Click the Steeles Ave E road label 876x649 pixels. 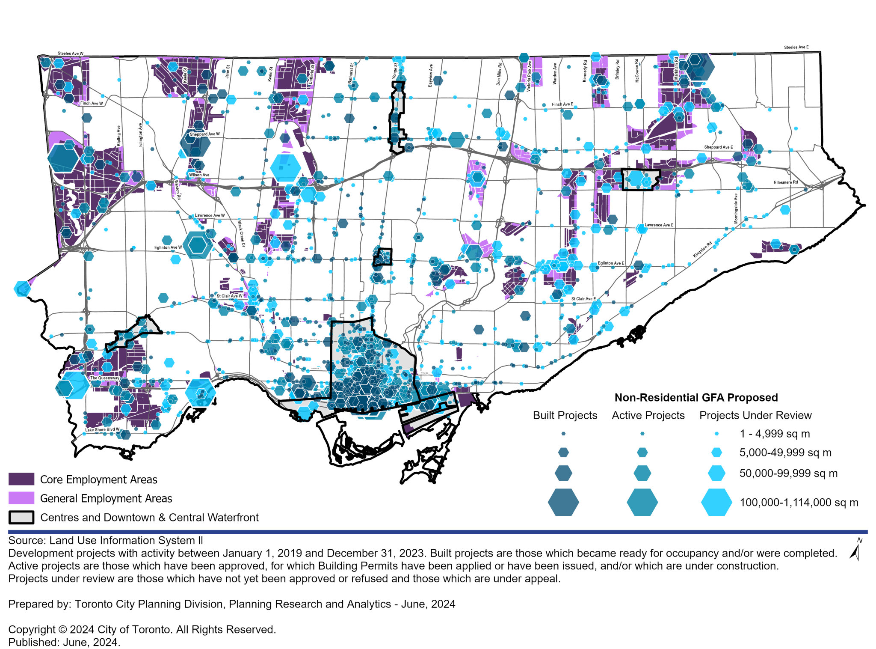tap(796, 48)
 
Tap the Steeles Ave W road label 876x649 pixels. tap(71, 54)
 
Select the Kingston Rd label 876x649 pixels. tap(702, 250)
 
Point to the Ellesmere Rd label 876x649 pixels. tap(786, 182)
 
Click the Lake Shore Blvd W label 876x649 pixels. tap(102, 429)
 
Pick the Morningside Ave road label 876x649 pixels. tap(736, 208)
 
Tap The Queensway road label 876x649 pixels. tap(104, 378)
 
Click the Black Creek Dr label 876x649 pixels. tap(241, 233)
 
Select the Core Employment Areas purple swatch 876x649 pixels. tap(21, 479)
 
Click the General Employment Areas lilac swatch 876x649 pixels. tap(21, 498)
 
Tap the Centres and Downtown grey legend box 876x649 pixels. tap(21, 517)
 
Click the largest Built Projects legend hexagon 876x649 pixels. tap(563, 502)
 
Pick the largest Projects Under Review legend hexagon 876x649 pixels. tap(716, 502)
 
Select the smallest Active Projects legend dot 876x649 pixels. tap(642, 434)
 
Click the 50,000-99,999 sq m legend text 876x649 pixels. tap(788, 473)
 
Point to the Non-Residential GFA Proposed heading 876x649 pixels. tap(696, 398)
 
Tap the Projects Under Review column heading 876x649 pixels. tap(755, 415)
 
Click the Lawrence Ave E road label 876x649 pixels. tap(659, 225)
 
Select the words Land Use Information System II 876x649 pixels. tap(126, 540)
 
